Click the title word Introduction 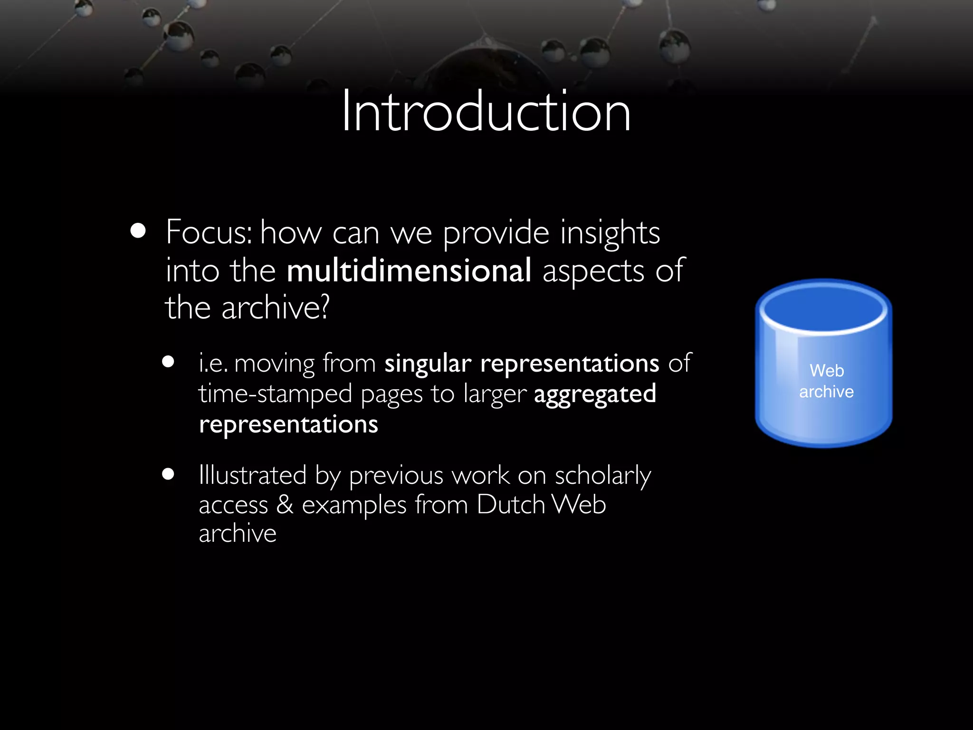(x=486, y=112)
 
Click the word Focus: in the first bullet (x=209, y=232)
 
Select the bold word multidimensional (x=409, y=270)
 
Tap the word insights (x=610, y=233)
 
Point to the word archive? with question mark (x=276, y=307)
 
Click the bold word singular (x=428, y=364)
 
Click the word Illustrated (x=253, y=475)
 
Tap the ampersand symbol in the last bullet (x=285, y=504)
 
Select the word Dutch (x=511, y=504)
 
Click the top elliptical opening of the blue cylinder (x=823, y=308)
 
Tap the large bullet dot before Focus (x=138, y=231)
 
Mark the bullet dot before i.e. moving (x=168, y=362)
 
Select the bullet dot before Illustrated (x=168, y=474)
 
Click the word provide (x=496, y=233)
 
